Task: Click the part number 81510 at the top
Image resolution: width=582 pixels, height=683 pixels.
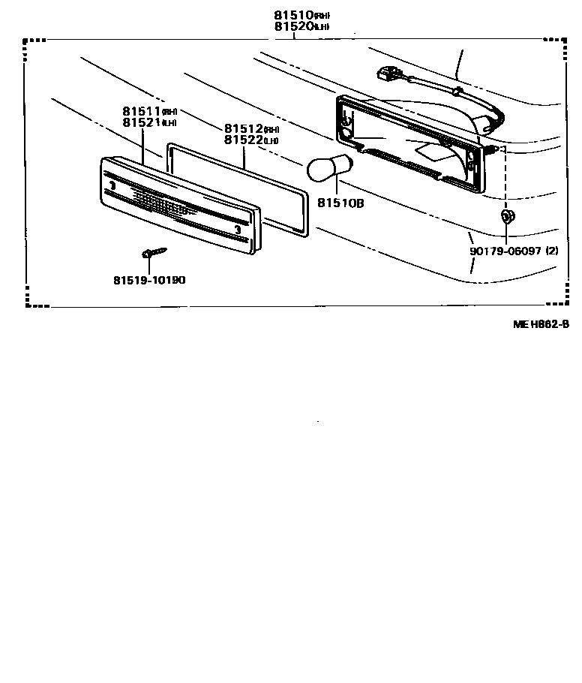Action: point(291,15)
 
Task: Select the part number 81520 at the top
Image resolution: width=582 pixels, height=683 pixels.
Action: point(291,26)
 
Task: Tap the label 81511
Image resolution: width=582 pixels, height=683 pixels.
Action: point(142,111)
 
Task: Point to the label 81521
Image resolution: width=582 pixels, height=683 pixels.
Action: point(142,122)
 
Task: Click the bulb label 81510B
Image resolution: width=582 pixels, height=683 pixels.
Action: point(340,203)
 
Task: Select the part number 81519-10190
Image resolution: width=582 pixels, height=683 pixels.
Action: point(149,280)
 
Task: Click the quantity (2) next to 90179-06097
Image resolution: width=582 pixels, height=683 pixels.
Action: point(552,251)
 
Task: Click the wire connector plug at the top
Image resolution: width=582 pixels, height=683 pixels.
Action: point(387,75)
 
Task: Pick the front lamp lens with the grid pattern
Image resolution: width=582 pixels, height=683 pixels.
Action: point(180,206)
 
